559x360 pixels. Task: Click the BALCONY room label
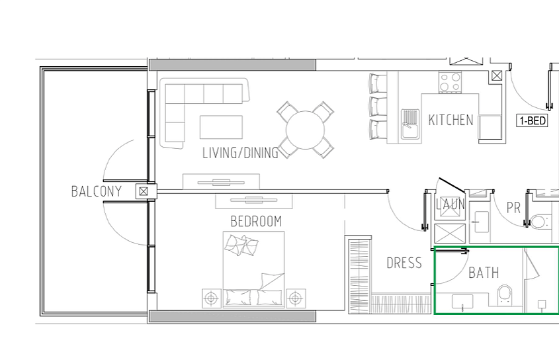[x=97, y=192]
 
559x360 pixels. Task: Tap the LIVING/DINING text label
[x=240, y=153]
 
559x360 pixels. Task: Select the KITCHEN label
[x=451, y=120]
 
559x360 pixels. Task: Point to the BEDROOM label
[x=256, y=222]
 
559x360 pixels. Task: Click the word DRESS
[x=404, y=263]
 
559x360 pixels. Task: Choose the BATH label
[x=484, y=273]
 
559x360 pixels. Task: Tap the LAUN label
[x=451, y=204]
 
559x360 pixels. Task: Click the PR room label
[x=513, y=208]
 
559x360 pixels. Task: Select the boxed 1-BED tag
[x=533, y=121]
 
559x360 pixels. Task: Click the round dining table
[x=305, y=130]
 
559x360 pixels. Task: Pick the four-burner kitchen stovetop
[x=450, y=82]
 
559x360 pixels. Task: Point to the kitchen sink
[x=410, y=124]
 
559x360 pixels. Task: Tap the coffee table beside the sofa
[x=221, y=127]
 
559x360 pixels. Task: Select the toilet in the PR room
[x=540, y=222]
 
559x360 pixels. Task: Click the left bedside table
[x=212, y=298]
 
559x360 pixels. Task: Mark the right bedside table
[x=296, y=298]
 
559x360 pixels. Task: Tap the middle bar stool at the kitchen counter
[x=378, y=107]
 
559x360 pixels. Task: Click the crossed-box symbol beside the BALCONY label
[x=144, y=192]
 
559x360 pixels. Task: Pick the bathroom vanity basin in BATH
[x=462, y=302]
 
